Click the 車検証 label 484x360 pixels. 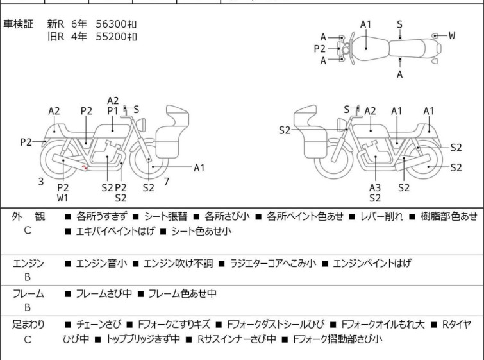pyautogui.click(x=23, y=24)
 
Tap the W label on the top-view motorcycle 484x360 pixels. pyautogui.click(x=452, y=36)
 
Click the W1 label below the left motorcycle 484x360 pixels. pyautogui.click(x=63, y=198)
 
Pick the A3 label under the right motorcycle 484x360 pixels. pyautogui.click(x=375, y=187)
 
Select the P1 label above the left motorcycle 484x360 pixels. pyautogui.click(x=113, y=111)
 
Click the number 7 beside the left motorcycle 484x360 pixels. pyautogui.click(x=166, y=182)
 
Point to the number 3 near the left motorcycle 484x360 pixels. pyautogui.click(x=41, y=182)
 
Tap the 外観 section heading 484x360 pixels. pyautogui.click(x=28, y=217)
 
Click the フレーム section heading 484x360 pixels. pyautogui.click(x=28, y=294)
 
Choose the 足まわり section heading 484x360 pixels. pyautogui.click(x=28, y=325)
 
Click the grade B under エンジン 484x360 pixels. pyautogui.click(x=28, y=277)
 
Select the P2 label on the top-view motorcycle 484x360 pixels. pyautogui.click(x=319, y=49)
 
